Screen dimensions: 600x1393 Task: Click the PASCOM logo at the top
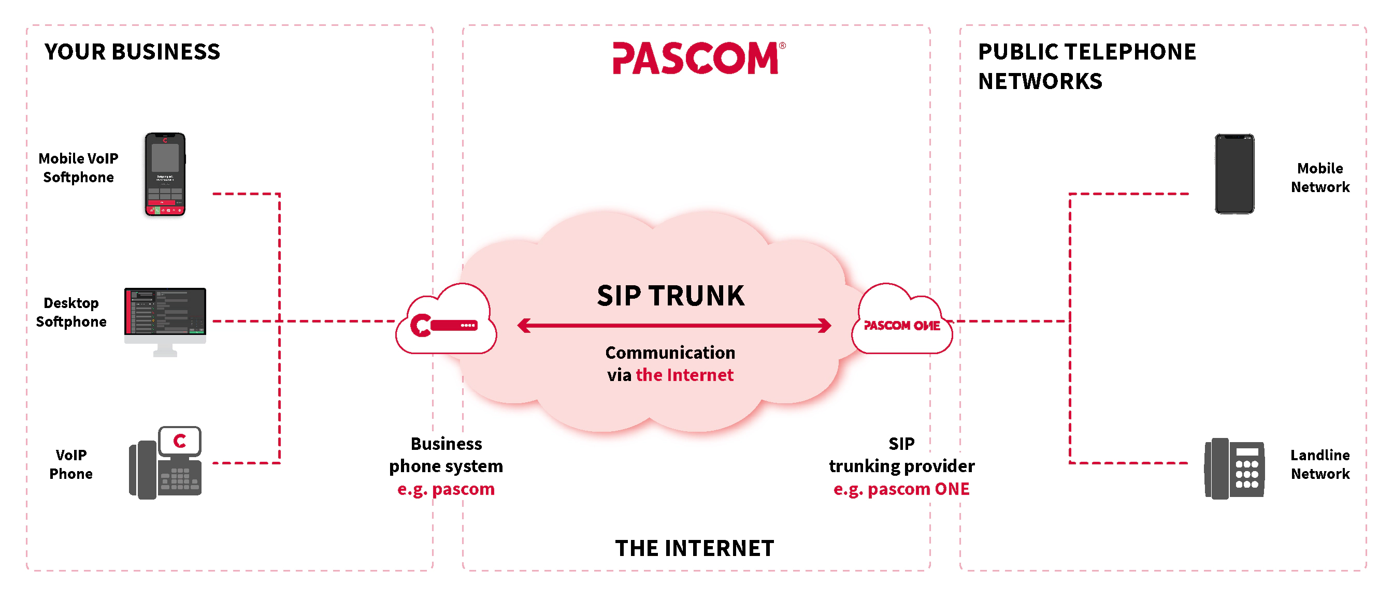coord(695,58)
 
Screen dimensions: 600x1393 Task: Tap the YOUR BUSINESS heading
coord(132,52)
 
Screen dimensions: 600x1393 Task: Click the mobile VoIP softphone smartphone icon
coord(165,174)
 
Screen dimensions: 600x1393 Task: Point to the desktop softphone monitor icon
coord(165,319)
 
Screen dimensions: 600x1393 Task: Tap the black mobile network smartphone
coord(1234,174)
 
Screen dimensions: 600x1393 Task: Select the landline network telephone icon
coord(1234,468)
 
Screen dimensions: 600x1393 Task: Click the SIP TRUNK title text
coord(670,296)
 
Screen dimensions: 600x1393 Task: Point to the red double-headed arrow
coord(674,326)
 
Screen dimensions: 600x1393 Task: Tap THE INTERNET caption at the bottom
coord(694,548)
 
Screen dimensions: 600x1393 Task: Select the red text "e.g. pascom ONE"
coord(901,489)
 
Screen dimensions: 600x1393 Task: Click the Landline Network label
coord(1319,464)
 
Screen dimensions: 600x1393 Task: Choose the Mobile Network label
coord(1319,177)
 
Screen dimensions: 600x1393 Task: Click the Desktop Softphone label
coord(71,312)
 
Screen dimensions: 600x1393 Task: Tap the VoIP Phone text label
coord(71,464)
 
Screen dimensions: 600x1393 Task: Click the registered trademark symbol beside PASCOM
coord(782,46)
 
